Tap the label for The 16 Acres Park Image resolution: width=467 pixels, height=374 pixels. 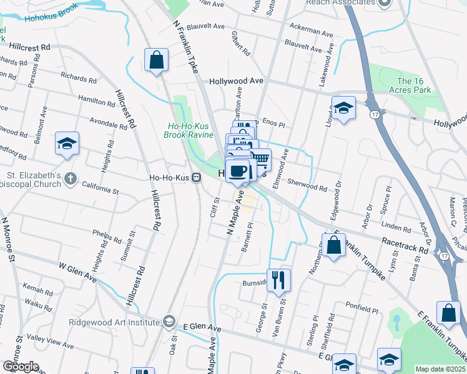(x=414, y=85)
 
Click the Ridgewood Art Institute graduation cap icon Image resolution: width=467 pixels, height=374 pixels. (x=168, y=322)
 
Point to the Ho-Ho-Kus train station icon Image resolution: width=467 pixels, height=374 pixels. (x=196, y=177)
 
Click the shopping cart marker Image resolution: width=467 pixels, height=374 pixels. (x=260, y=160)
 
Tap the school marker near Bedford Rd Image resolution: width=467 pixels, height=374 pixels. (x=67, y=143)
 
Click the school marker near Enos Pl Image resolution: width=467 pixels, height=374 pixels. (x=343, y=108)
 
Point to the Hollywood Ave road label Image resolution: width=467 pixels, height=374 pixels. (x=237, y=81)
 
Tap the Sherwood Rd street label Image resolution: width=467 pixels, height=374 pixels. (x=307, y=185)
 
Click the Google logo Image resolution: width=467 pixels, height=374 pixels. (x=21, y=366)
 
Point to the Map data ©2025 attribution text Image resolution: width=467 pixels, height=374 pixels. (x=440, y=369)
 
